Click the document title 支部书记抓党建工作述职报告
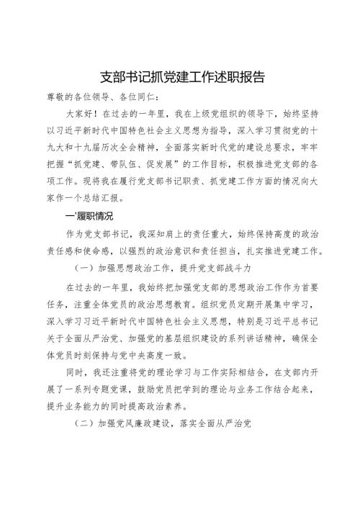coord(180,77)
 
